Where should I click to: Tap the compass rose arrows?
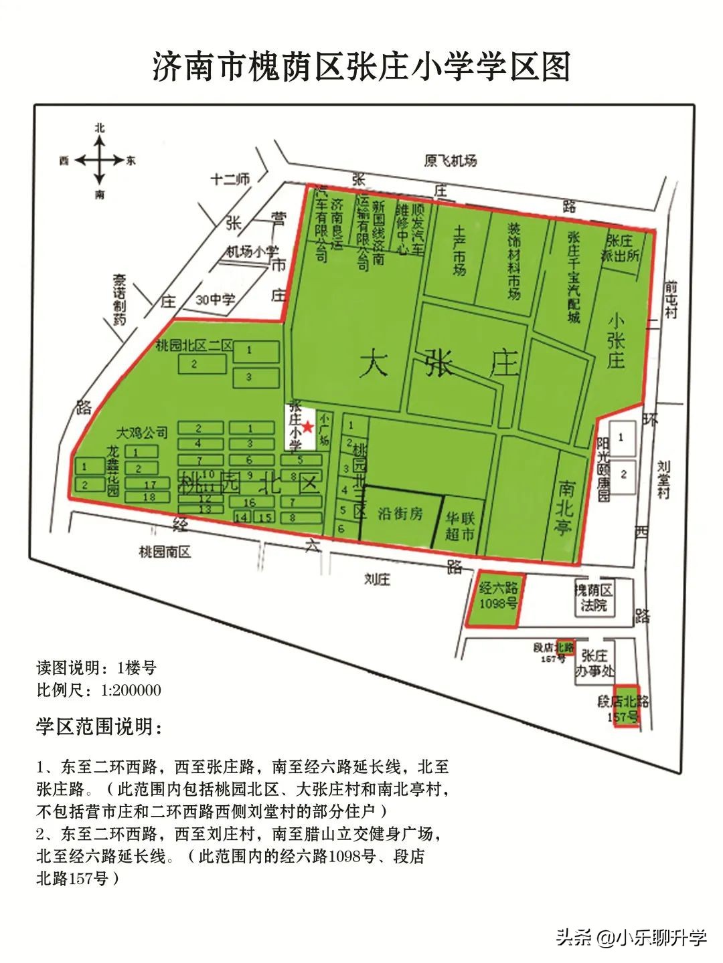99,160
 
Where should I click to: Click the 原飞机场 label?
450,160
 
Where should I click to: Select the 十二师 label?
230,179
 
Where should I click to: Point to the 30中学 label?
215,300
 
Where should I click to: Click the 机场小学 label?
252,251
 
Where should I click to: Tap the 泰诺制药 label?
119,299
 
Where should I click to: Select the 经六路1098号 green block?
499,597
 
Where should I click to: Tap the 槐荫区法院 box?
594,598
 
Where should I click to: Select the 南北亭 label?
564,506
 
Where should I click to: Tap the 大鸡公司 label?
142,431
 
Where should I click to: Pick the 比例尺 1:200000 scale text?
98,690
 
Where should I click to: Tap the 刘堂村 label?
663,479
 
